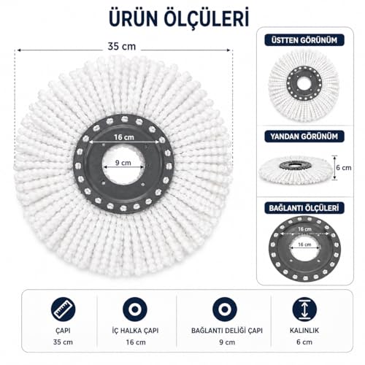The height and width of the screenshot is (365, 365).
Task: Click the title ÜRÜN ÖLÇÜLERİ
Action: tap(179, 18)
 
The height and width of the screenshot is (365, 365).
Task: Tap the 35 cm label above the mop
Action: tap(122, 47)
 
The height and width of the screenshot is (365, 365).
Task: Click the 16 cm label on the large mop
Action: tap(124, 137)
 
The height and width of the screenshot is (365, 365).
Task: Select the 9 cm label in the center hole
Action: tap(123, 163)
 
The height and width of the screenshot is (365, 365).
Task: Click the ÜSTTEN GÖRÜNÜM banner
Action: tap(304, 40)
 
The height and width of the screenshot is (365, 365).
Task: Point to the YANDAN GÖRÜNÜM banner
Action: tap(304, 137)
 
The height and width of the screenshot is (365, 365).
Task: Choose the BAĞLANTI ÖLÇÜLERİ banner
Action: tap(304, 208)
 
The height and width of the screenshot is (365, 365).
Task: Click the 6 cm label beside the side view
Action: tap(344, 168)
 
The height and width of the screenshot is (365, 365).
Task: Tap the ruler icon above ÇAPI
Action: tap(63, 310)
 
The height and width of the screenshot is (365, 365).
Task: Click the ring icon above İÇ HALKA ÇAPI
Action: tap(135, 310)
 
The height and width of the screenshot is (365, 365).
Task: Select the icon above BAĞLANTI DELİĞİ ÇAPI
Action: tap(225, 310)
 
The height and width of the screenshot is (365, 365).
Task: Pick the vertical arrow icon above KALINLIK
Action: tap(304, 310)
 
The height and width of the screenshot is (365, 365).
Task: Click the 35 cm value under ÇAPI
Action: tap(63, 342)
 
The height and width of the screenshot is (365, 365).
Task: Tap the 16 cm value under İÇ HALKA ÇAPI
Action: tap(136, 342)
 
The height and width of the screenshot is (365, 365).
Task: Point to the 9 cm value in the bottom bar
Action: tap(227, 342)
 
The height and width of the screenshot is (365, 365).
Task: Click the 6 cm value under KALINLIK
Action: tap(304, 342)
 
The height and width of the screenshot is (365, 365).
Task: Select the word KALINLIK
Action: tap(304, 331)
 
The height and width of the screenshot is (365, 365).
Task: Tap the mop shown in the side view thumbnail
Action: tap(296, 170)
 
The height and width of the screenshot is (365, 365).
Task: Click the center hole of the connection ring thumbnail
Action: tap(304, 249)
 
